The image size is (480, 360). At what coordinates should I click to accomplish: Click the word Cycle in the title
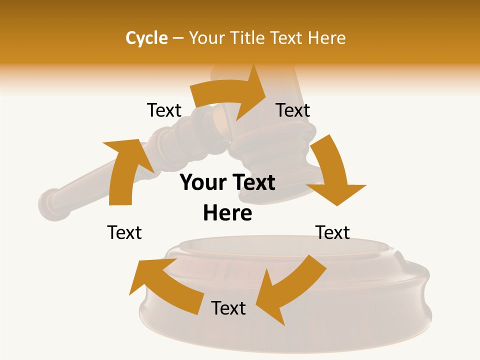pyautogui.click(x=146, y=38)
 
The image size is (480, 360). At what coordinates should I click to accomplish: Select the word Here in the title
pyautogui.click(x=325, y=38)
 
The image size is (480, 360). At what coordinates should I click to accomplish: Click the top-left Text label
pyautogui.click(x=164, y=110)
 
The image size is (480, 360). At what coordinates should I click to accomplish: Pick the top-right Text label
pyautogui.click(x=293, y=110)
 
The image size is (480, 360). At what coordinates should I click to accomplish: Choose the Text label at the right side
pyautogui.click(x=332, y=232)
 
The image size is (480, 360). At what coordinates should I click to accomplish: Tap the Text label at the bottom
pyautogui.click(x=228, y=308)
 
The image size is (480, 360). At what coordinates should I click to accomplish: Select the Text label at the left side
pyautogui.click(x=124, y=232)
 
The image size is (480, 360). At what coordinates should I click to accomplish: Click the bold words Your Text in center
pyautogui.click(x=227, y=183)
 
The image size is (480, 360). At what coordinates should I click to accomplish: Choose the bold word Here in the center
pyautogui.click(x=227, y=213)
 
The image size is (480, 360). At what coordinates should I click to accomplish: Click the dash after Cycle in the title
pyautogui.click(x=178, y=38)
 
